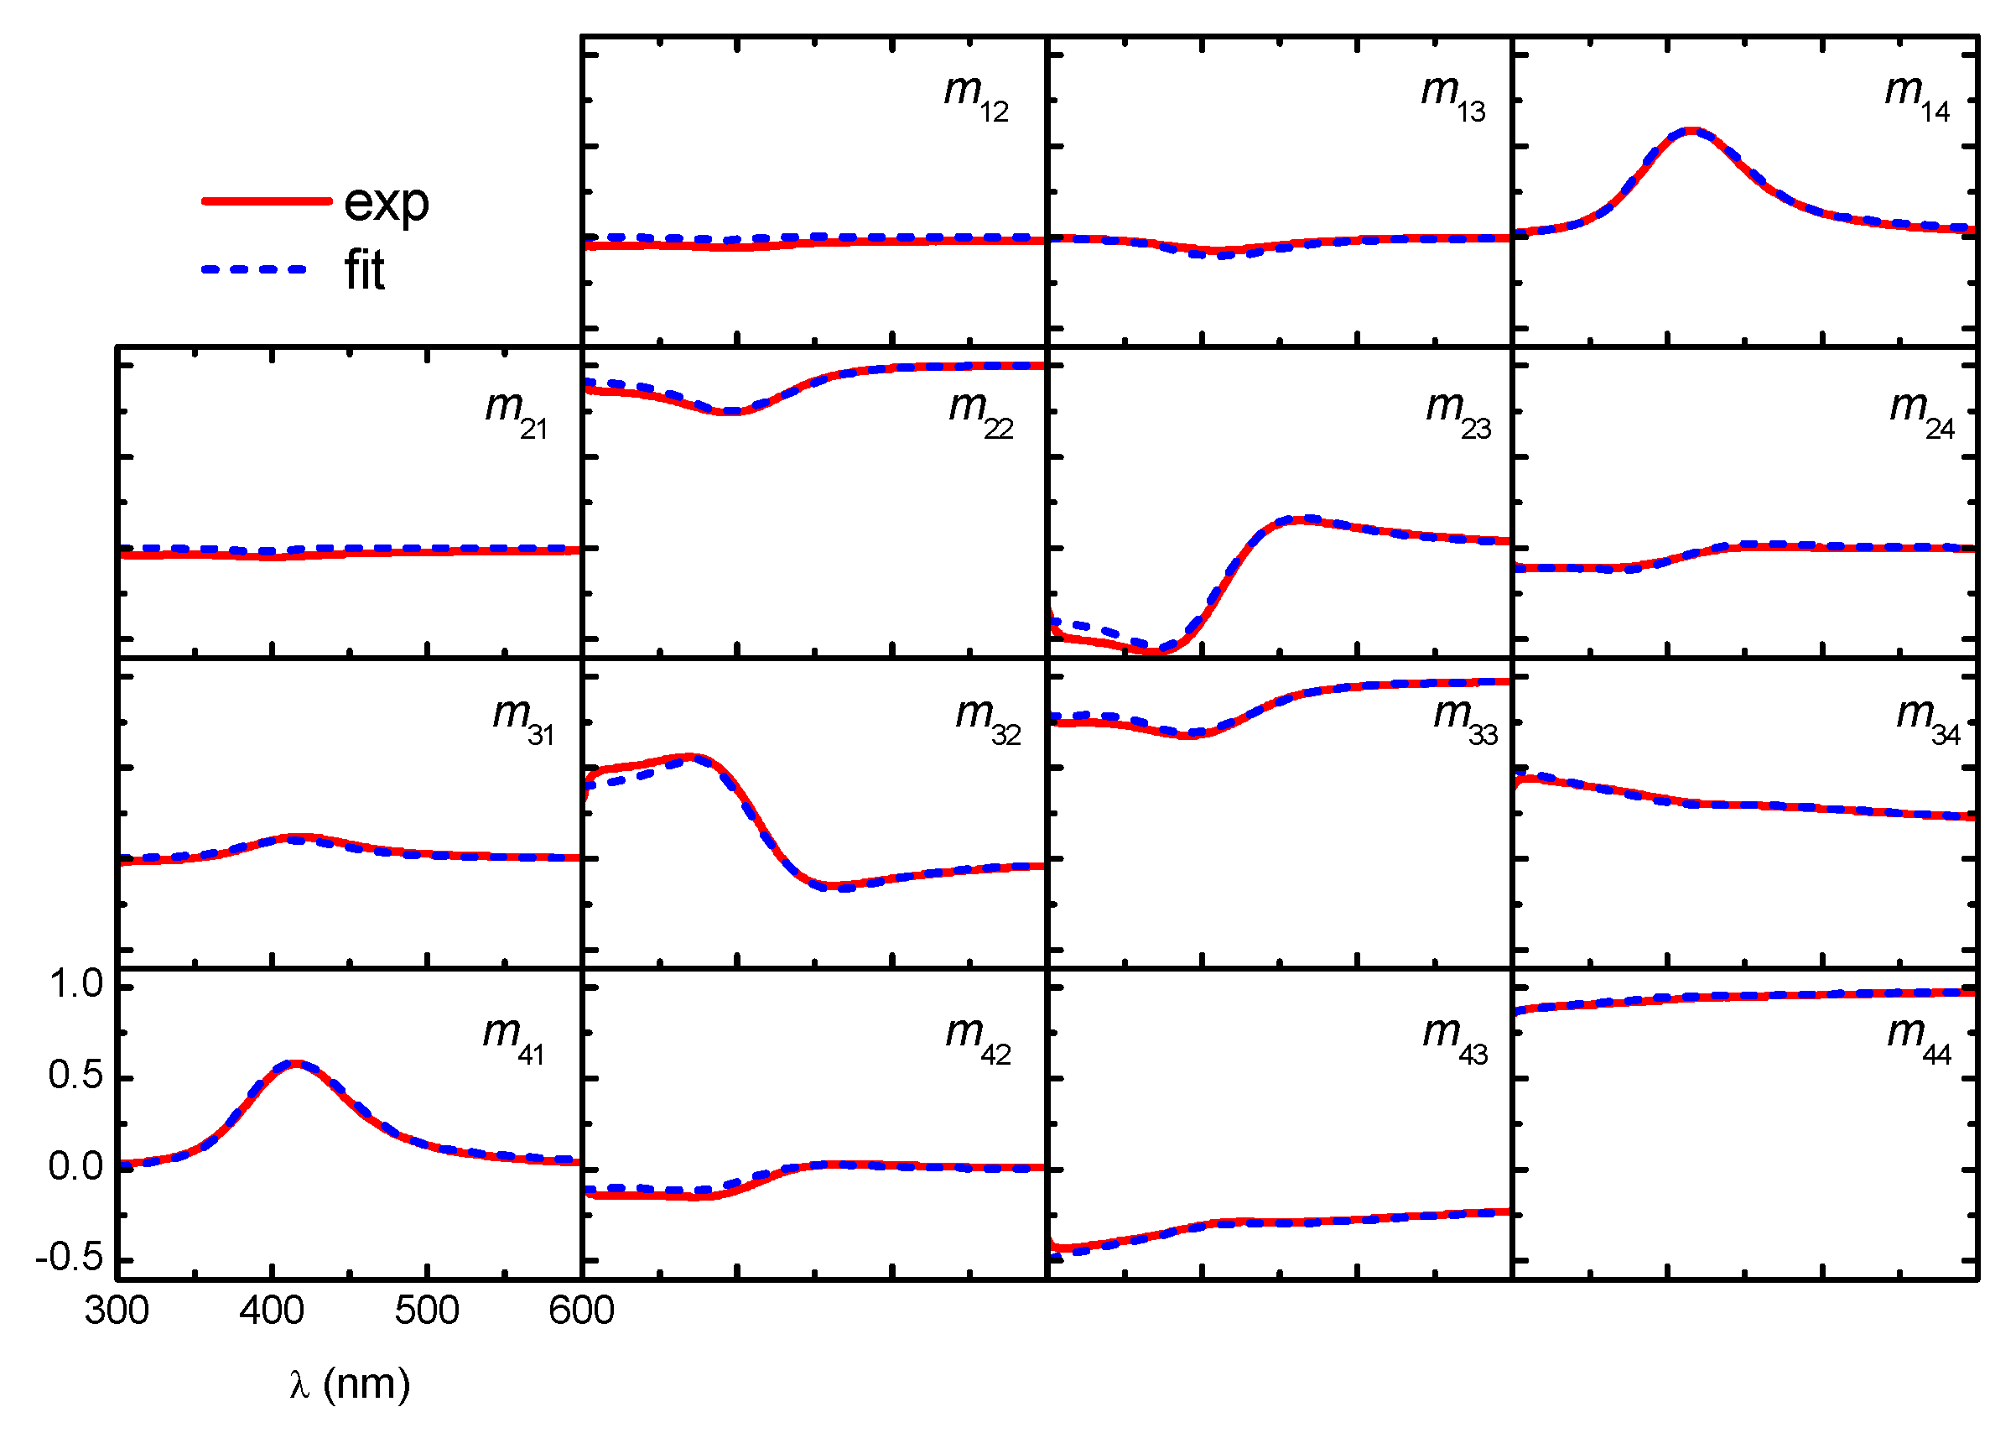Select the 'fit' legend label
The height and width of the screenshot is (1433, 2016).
point(363,271)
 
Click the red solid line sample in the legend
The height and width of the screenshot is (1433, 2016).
point(266,201)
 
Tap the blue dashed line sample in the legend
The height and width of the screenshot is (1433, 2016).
point(254,269)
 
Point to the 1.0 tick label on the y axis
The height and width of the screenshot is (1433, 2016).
point(75,985)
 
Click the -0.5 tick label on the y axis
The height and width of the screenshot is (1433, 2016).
point(69,1258)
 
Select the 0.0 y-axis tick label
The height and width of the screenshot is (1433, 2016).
point(75,1166)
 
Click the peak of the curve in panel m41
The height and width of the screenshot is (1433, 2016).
point(295,1064)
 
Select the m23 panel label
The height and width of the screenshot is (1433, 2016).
point(1457,413)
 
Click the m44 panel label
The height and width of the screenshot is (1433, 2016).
point(1919,1038)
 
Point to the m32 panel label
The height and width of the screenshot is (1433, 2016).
point(987,719)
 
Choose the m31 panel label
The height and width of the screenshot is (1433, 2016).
point(523,719)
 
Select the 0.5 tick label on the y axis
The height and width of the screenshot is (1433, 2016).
point(75,1076)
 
